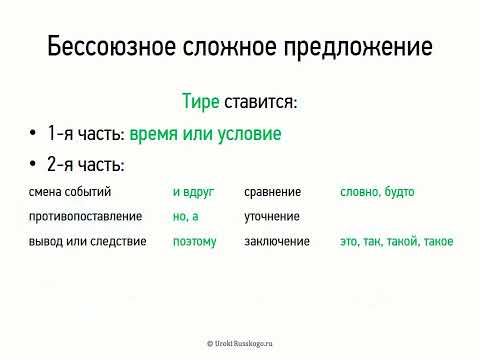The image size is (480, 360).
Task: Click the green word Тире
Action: (200, 102)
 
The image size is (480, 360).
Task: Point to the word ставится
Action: (262, 102)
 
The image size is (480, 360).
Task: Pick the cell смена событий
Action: (70, 192)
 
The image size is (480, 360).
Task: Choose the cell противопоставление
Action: (85, 216)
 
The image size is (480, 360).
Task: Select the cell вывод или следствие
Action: (88, 241)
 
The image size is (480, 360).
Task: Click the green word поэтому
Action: (194, 241)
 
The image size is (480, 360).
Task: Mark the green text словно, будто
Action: (377, 192)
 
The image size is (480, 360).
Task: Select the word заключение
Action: (277, 241)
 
